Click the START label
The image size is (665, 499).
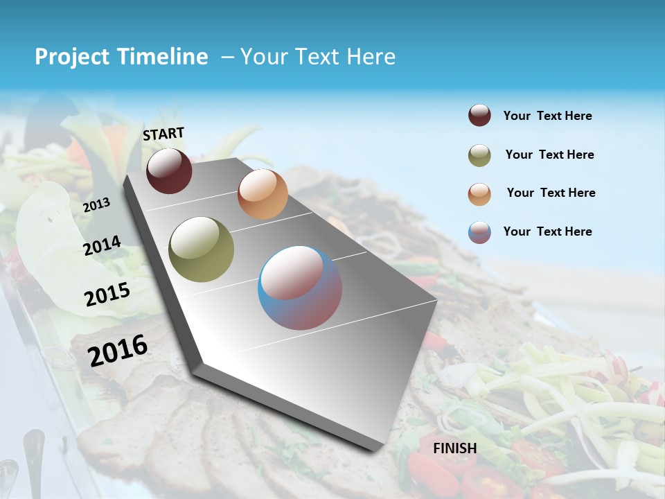(x=163, y=134)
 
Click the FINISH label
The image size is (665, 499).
(x=454, y=448)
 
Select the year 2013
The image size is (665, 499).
(x=96, y=204)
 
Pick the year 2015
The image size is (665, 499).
(x=107, y=294)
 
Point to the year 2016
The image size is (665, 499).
(x=118, y=350)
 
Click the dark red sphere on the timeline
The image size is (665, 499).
(x=169, y=170)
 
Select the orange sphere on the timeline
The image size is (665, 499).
(x=263, y=194)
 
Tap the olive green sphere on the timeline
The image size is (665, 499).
(x=201, y=249)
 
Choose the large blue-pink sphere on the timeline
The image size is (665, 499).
(x=299, y=288)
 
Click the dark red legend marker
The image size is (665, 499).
(x=479, y=116)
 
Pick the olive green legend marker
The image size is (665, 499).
(x=479, y=155)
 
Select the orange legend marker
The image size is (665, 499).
(x=479, y=194)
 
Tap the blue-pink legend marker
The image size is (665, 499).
(x=479, y=232)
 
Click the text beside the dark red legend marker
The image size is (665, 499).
(x=547, y=116)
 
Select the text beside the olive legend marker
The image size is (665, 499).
(x=549, y=155)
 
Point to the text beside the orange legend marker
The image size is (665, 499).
(x=551, y=193)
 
